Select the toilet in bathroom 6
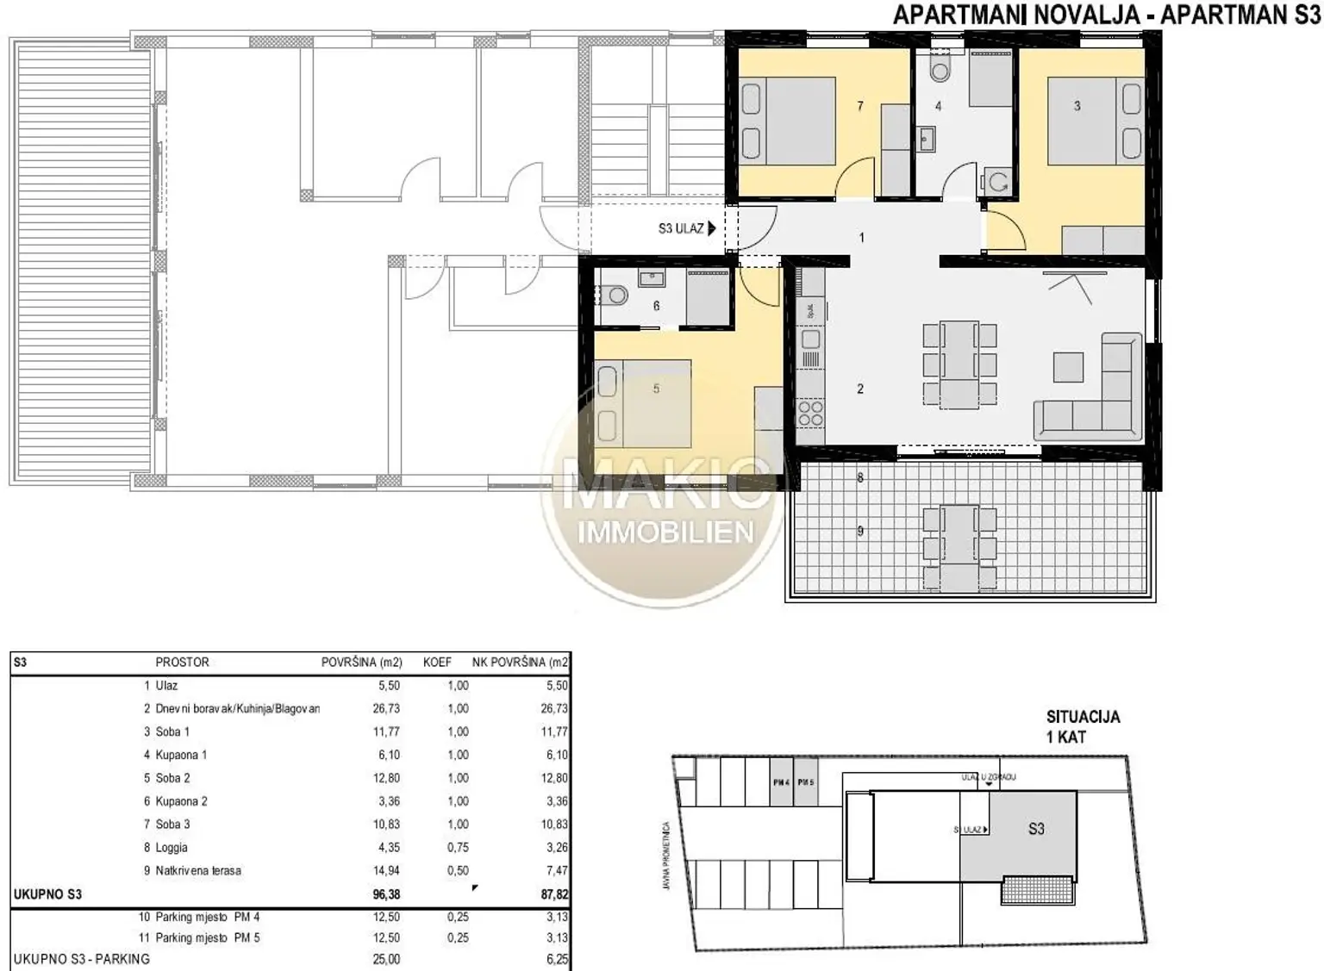point(615,295)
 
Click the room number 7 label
point(859,106)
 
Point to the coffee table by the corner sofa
point(1069,368)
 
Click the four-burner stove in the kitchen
point(810,413)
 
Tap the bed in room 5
point(643,402)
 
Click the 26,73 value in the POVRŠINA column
point(386,709)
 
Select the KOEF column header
point(437,663)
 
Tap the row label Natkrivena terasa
point(198,871)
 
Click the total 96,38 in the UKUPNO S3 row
point(386,894)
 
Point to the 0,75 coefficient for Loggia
point(458,848)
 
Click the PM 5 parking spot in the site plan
point(806,782)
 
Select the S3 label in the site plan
point(1036,829)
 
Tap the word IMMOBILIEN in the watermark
point(665,532)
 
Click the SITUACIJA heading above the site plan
point(1083,717)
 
